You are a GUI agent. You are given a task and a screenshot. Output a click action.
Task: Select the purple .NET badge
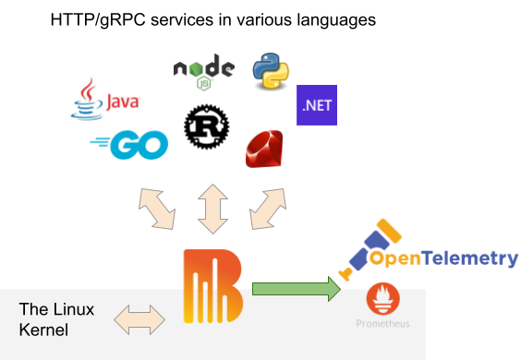click(316, 105)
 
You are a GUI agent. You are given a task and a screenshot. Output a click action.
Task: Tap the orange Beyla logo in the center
click(212, 286)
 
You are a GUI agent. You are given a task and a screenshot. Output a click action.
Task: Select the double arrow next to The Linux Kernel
click(139, 319)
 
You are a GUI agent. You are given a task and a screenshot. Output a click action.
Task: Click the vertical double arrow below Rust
click(212, 209)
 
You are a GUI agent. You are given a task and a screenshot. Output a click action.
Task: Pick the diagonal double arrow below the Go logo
click(154, 209)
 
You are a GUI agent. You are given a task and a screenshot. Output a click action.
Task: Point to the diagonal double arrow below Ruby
click(270, 209)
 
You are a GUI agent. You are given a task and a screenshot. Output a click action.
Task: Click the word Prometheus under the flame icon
click(382, 324)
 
